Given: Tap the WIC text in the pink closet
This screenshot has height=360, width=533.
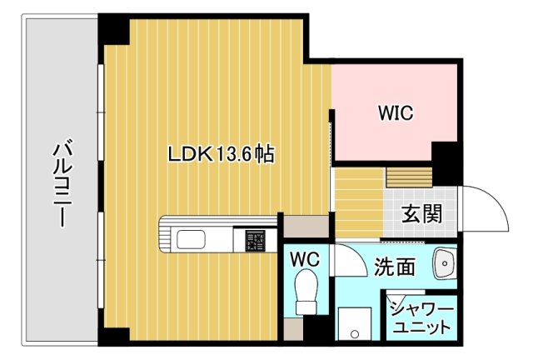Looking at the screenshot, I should point(396,113).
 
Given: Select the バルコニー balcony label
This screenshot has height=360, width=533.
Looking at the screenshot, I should point(60,185).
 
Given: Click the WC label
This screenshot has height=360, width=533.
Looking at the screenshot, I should point(303,259).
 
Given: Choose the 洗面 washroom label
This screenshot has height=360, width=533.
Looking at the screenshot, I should point(394,267).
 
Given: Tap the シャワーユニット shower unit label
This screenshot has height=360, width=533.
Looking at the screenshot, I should point(423,317).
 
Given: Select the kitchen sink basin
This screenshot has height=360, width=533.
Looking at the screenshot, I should point(197,241).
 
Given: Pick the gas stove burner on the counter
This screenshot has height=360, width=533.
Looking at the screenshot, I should point(255,240).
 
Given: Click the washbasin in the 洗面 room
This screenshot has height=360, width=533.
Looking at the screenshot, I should point(445,265).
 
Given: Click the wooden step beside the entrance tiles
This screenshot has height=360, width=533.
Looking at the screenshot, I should point(409,177).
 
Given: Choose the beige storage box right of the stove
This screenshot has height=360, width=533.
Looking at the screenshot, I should point(295,224).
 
